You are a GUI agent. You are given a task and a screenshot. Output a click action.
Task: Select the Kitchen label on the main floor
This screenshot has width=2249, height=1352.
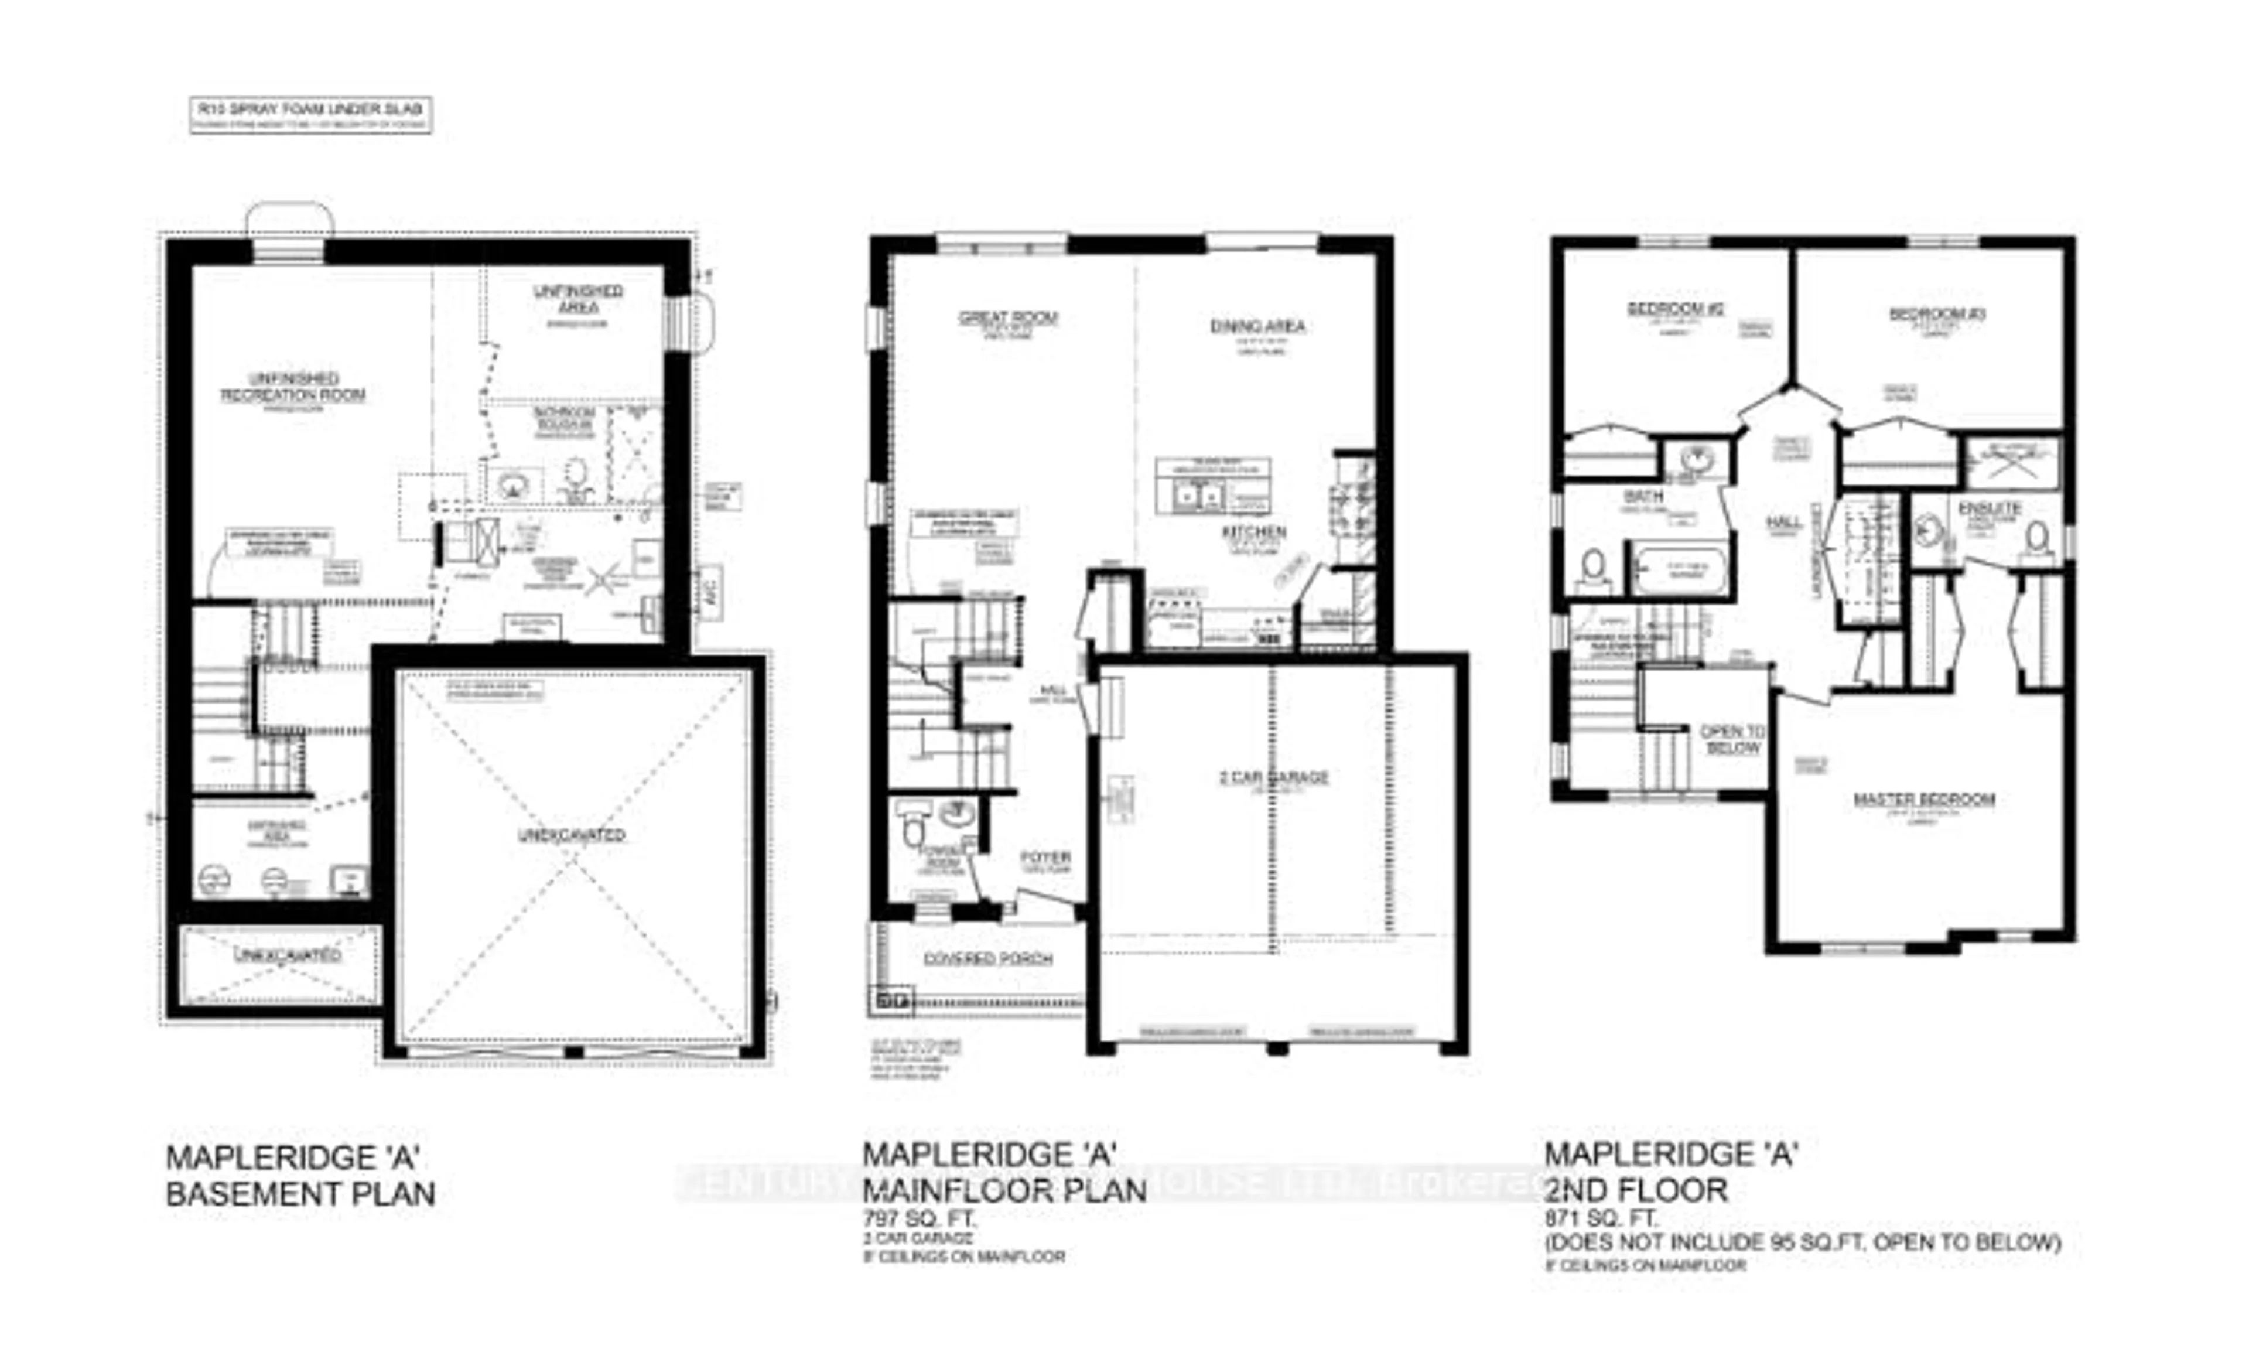point(1255,531)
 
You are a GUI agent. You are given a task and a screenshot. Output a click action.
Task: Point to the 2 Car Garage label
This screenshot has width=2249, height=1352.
point(1273,777)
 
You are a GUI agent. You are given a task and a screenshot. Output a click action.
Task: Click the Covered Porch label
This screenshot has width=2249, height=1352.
point(987,958)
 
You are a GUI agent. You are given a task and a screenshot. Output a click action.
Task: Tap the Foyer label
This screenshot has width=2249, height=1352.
point(1045,857)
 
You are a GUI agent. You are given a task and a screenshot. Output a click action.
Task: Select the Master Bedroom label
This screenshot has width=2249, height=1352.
point(1924,799)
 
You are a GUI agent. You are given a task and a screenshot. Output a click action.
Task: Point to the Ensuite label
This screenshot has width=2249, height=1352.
point(1990,508)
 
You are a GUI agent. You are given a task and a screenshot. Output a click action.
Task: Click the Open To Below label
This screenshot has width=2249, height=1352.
point(1732,739)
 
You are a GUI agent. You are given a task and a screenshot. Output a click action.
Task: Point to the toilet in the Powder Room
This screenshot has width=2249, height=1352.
point(912,827)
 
